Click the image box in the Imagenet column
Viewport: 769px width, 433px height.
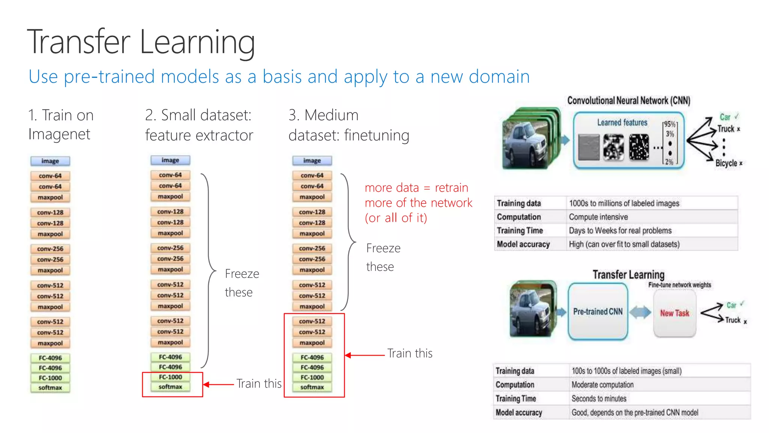[50, 161]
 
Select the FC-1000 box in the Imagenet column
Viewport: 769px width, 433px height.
[50, 378]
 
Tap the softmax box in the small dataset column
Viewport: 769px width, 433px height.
[170, 387]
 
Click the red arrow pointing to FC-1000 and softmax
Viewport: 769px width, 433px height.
[219, 385]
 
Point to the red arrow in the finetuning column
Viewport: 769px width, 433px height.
[364, 355]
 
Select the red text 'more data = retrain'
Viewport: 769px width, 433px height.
[416, 188]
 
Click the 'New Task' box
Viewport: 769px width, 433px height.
[674, 313]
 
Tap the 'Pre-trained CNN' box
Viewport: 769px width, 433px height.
[597, 312]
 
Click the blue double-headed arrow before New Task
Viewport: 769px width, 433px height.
[640, 312]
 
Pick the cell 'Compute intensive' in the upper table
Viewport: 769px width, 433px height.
[598, 217]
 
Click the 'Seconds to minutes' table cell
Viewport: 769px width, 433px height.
[599, 398]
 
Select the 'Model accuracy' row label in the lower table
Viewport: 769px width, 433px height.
[519, 412]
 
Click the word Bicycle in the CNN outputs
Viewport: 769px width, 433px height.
[726, 163]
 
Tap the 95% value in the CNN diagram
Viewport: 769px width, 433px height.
[669, 124]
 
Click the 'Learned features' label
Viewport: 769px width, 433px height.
[622, 123]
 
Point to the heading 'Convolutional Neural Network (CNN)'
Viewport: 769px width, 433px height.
[629, 101]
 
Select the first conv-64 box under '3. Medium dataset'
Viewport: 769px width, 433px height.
[312, 175]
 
